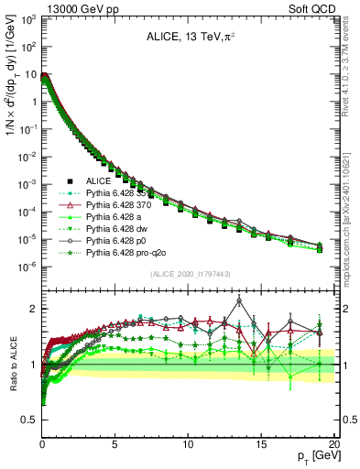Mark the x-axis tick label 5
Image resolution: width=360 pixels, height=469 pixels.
115,442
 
